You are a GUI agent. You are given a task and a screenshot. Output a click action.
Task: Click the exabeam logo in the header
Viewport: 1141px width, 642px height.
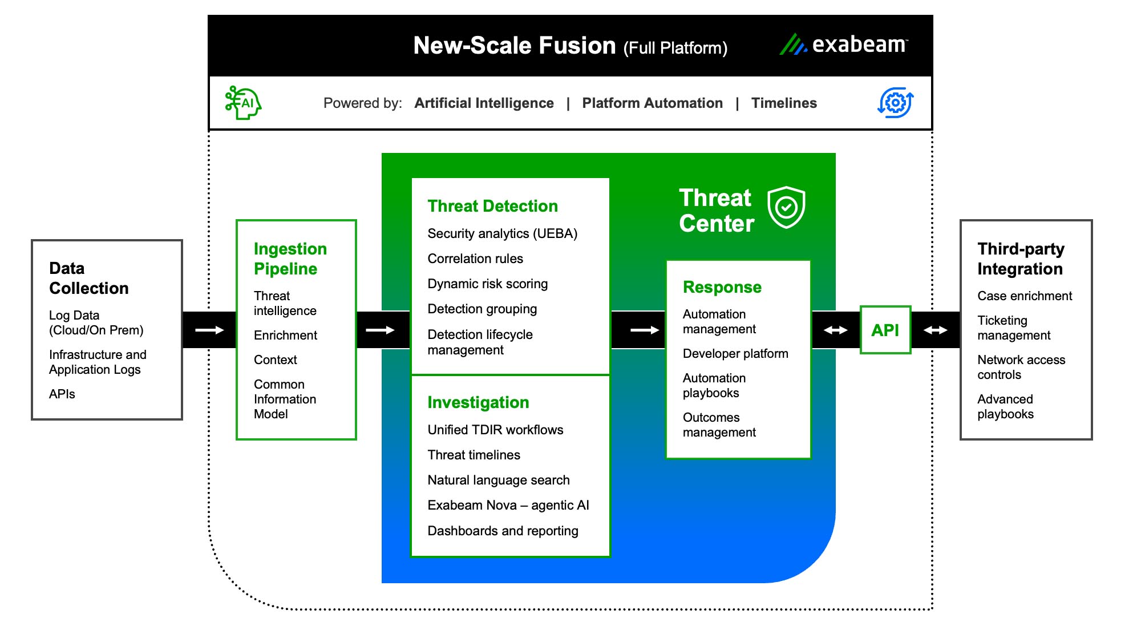(x=844, y=45)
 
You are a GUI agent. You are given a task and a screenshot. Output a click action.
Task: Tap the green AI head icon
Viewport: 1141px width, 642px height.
(x=243, y=103)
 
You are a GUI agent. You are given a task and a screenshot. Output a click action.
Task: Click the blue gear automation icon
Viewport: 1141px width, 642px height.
(x=895, y=103)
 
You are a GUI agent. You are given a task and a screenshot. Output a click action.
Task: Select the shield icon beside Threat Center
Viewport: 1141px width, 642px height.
(x=786, y=207)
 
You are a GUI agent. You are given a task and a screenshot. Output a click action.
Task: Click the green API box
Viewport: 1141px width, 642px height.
(x=885, y=330)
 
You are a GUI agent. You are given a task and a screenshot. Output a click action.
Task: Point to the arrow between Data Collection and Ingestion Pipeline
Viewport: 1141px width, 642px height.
(x=209, y=330)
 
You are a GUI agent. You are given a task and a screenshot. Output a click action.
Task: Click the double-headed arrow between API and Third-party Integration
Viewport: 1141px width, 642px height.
(x=935, y=330)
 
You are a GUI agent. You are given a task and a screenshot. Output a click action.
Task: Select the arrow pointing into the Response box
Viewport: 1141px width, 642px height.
(x=644, y=330)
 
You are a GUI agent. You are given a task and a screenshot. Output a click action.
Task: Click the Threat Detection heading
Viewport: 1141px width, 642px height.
(x=492, y=206)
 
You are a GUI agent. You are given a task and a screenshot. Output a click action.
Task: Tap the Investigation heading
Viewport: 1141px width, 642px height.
(x=478, y=402)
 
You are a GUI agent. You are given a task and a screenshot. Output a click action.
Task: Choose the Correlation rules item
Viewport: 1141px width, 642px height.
(x=475, y=259)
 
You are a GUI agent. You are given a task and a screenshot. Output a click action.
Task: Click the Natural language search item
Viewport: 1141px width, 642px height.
(x=498, y=480)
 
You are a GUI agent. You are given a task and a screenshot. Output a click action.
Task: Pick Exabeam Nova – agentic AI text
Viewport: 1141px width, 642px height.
(x=508, y=505)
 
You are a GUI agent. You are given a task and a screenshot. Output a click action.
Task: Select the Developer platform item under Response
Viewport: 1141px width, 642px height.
(x=735, y=353)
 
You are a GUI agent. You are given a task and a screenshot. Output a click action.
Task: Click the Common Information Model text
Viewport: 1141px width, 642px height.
(x=284, y=399)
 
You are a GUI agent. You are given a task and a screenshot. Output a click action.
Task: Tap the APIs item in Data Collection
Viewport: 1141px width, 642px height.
(x=62, y=394)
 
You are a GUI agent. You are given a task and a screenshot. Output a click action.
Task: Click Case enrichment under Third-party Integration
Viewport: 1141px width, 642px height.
(x=1024, y=296)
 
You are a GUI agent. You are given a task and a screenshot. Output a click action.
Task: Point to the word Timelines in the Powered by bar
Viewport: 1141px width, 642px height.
(x=783, y=103)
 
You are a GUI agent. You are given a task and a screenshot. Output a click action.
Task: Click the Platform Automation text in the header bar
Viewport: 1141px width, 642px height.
(x=652, y=103)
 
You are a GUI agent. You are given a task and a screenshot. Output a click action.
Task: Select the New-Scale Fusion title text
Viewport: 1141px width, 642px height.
(x=514, y=46)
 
